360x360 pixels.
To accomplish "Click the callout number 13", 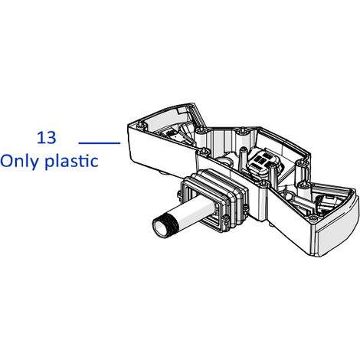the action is point(47,138).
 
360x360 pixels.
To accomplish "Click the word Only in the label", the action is point(20,162).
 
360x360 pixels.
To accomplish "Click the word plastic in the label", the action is point(72,162).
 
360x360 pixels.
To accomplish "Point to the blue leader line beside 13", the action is point(100,143).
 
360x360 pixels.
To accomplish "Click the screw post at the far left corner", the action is point(140,126).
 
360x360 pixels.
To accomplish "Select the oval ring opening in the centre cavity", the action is point(224,160).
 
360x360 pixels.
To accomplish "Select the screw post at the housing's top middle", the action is point(241,133).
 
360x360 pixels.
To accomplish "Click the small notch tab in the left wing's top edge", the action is point(182,110).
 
